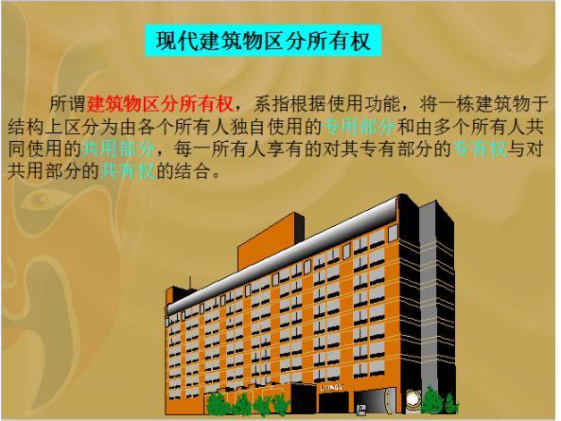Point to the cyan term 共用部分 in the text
tap(116, 149)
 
